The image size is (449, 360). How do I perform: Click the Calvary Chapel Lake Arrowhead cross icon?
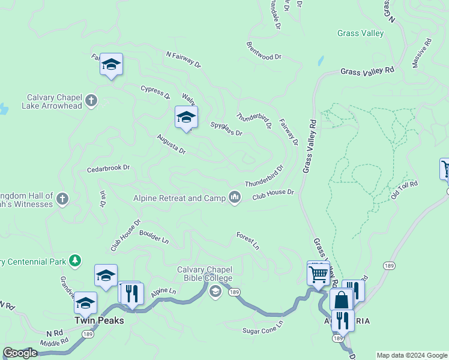(91, 100)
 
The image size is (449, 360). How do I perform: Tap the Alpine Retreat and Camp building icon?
(235, 197)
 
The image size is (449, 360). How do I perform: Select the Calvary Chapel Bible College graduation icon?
(215, 292)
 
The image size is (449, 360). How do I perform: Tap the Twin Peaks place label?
(99, 320)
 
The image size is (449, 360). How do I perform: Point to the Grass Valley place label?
(360, 34)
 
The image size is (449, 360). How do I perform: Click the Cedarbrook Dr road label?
(109, 169)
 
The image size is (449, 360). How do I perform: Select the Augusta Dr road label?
(171, 143)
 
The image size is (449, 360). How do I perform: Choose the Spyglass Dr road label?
(226, 128)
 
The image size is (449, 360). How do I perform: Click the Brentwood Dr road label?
(264, 50)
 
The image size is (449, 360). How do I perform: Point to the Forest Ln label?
(247, 241)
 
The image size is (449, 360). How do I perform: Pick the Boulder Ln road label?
(154, 236)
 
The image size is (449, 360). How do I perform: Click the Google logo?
(20, 353)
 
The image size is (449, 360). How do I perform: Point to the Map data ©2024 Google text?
(412, 355)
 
